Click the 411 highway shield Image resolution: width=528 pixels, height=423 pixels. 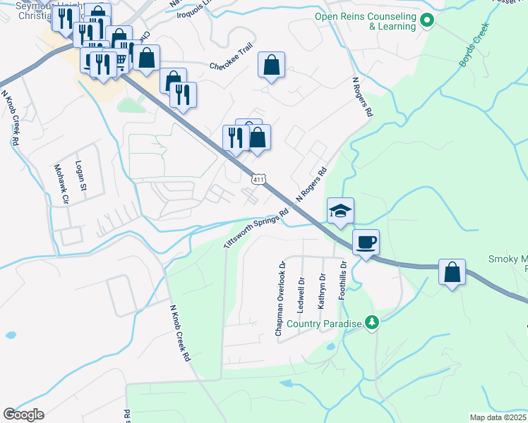[x=259, y=180]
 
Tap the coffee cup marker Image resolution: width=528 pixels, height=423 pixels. [x=366, y=243]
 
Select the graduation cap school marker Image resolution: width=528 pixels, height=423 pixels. [x=340, y=211]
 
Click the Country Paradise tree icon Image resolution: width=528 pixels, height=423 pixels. [x=371, y=323]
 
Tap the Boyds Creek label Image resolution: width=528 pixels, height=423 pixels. [x=474, y=51]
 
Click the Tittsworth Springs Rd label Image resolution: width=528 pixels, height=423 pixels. [x=257, y=227]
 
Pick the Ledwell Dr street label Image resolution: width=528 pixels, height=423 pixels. [x=301, y=294]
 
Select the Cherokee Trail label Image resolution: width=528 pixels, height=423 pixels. [x=231, y=66]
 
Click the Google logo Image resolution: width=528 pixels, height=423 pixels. [x=23, y=415]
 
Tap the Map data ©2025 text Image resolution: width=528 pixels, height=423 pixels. [x=498, y=417]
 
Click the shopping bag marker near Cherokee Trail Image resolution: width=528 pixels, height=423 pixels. [x=271, y=66]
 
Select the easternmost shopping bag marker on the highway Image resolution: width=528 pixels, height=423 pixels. [x=452, y=272]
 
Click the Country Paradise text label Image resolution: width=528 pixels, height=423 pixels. [x=328, y=324]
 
